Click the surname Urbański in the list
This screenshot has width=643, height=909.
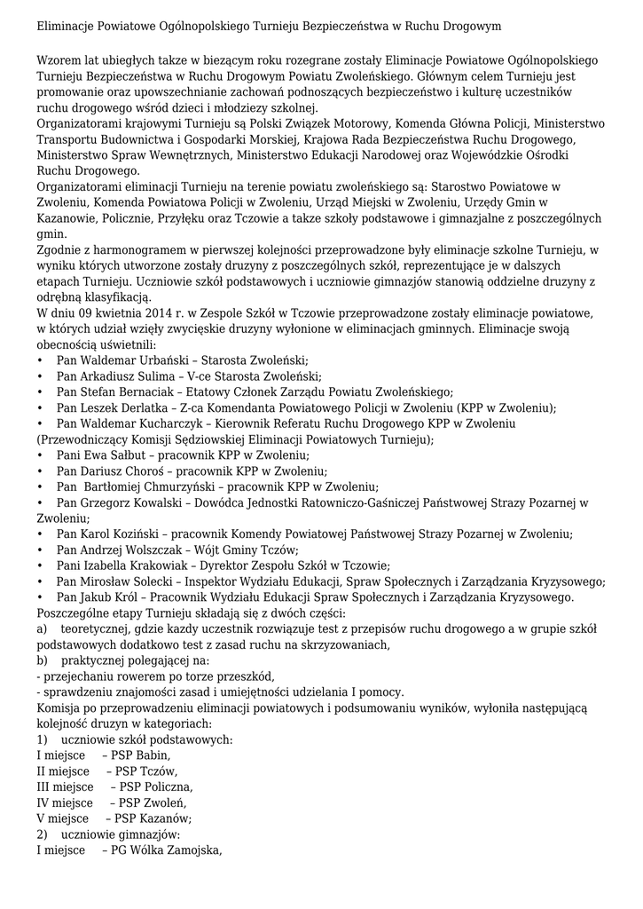165,360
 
